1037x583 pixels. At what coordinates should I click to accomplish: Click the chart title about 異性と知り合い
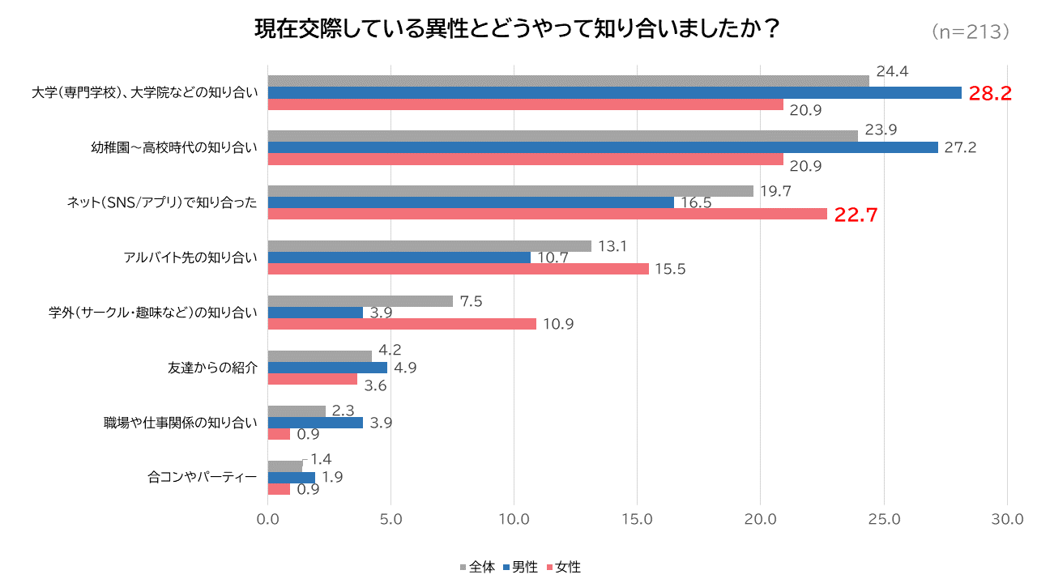[518, 29]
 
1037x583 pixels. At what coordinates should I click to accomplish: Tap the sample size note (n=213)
[970, 32]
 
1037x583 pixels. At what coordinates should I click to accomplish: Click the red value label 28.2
[990, 93]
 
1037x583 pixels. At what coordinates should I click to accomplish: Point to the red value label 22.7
[856, 215]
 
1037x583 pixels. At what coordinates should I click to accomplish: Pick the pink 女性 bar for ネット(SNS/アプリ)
[547, 214]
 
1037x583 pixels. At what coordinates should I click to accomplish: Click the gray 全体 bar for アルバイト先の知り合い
[429, 246]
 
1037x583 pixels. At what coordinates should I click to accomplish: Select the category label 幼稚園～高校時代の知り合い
[174, 147]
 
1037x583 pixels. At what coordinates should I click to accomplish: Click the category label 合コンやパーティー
[203, 478]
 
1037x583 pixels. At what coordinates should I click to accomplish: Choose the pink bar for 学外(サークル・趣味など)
[402, 324]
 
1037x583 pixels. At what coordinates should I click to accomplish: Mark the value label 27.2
[961, 147]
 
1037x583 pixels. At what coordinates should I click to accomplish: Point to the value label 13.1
[613, 246]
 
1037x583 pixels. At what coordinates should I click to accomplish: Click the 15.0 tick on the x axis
[637, 519]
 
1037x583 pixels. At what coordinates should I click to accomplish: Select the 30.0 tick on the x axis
[1007, 519]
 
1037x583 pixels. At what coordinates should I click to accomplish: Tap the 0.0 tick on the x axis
[268, 519]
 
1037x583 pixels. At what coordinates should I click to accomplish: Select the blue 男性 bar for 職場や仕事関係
[315, 423]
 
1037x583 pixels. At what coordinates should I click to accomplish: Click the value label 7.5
[472, 301]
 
